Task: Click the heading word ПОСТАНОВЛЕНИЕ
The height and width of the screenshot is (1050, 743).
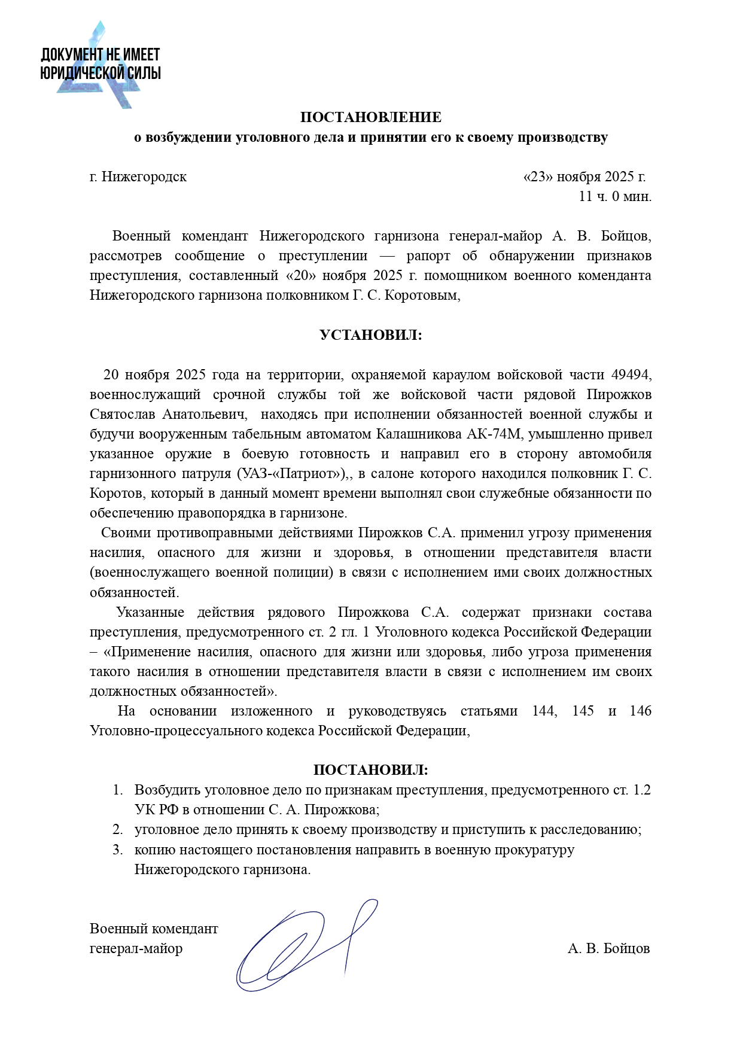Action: pyautogui.click(x=370, y=117)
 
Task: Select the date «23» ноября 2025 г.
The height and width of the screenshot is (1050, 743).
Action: pyautogui.click(x=584, y=177)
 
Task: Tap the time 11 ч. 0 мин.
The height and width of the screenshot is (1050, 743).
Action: pyautogui.click(x=615, y=197)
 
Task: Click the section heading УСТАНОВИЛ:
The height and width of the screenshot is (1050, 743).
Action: pyautogui.click(x=370, y=335)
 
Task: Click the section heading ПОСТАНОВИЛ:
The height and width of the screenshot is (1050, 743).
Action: pyautogui.click(x=370, y=770)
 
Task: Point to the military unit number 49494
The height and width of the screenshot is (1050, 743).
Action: pyautogui.click(x=631, y=375)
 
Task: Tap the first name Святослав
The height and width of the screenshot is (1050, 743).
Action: pyautogui.click(x=123, y=415)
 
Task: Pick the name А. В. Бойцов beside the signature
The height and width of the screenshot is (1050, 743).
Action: pyautogui.click(x=608, y=949)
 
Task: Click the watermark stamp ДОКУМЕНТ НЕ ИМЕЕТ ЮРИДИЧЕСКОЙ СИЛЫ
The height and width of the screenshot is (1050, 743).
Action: pyautogui.click(x=101, y=64)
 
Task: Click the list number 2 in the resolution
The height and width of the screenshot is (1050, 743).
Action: pyautogui.click(x=117, y=830)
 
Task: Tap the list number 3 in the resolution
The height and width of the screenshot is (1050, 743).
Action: pyautogui.click(x=117, y=850)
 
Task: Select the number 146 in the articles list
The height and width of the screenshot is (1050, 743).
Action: pyautogui.click(x=640, y=711)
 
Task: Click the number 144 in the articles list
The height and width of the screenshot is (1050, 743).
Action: pyautogui.click(x=543, y=711)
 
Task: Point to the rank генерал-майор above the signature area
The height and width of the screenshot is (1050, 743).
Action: pyautogui.click(x=136, y=949)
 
